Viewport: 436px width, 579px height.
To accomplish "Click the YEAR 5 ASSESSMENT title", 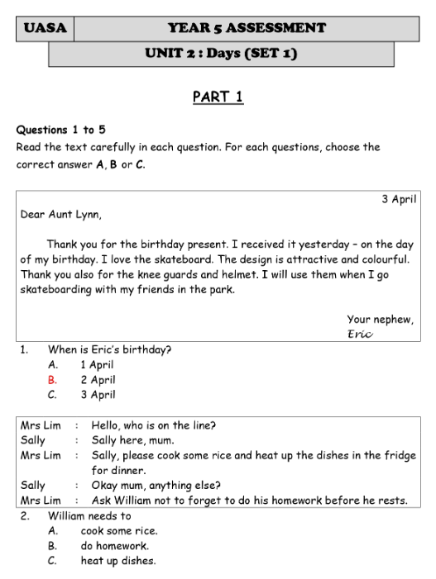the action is (x=247, y=28).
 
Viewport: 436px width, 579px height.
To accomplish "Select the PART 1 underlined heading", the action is (x=218, y=97).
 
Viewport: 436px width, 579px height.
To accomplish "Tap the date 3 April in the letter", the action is (x=399, y=199).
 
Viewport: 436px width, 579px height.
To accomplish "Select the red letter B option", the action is (x=52, y=380).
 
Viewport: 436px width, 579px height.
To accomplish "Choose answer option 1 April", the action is (x=97, y=364).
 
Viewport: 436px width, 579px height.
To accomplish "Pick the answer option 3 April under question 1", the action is (x=98, y=395).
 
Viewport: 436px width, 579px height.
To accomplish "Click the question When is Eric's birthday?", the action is (x=109, y=349).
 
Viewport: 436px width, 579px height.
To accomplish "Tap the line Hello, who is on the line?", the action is (x=154, y=425).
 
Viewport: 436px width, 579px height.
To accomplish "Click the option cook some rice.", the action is (x=119, y=531).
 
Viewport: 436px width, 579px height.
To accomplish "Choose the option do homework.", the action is (x=114, y=546).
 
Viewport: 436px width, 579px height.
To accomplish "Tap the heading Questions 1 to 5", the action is (x=60, y=130).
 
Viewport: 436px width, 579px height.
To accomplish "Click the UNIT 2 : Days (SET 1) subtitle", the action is (x=221, y=55).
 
